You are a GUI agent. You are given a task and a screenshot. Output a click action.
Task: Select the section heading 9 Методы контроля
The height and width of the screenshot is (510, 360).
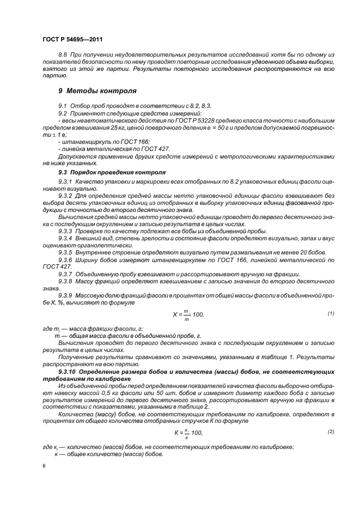coord(97,90)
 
